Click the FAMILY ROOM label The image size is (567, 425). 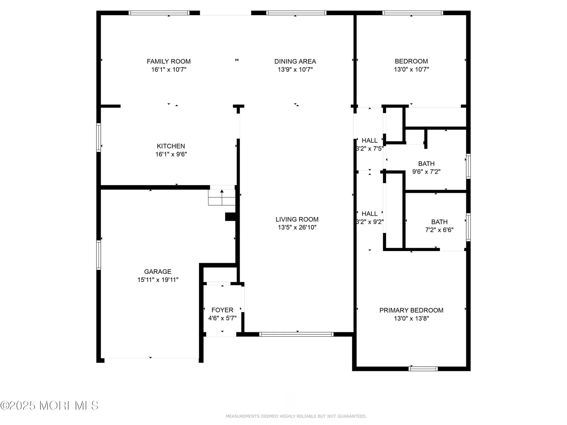tap(169, 61)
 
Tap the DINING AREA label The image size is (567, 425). tap(295, 61)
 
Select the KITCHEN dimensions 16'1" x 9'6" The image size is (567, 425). tap(171, 154)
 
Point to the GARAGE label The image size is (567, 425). tap(158, 271)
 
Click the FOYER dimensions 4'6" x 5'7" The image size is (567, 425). tap(222, 318)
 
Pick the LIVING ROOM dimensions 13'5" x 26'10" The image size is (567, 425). tap(297, 227)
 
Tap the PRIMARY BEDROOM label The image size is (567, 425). tap(411, 310)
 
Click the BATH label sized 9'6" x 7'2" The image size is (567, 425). tap(426, 164)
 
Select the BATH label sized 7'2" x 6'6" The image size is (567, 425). tap(439, 222)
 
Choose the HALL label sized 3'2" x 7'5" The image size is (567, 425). tap(369, 141)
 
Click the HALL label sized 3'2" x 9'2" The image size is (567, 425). tap(369, 214)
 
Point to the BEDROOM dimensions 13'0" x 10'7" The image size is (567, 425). tap(411, 69)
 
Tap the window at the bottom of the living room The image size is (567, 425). tap(296, 334)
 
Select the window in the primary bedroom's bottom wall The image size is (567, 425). tap(423, 369)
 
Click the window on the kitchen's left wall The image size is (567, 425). tap(99, 137)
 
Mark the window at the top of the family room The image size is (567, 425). tap(159, 13)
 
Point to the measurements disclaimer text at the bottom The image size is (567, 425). tap(296, 416)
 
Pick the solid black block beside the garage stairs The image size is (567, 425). tap(230, 217)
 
